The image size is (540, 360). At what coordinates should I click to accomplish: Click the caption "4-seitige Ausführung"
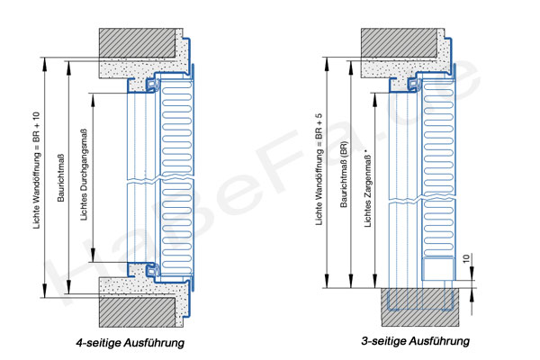[x=130, y=343]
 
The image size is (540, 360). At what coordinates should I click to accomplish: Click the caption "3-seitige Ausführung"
[x=415, y=341]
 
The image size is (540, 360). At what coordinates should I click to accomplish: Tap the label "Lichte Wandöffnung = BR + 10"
[x=37, y=170]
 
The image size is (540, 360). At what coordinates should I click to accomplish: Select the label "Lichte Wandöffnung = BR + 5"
[x=319, y=169]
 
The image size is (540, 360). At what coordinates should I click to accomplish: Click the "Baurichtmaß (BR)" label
[x=344, y=174]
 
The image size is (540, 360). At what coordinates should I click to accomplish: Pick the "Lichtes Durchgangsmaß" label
[x=84, y=175]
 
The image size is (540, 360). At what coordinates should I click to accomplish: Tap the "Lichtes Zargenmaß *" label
[x=368, y=188]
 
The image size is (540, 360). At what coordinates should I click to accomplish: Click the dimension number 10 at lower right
[x=466, y=258]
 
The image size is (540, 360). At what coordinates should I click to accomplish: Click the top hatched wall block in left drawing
[x=138, y=42]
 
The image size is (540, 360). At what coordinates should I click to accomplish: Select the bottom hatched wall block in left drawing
[x=138, y=312]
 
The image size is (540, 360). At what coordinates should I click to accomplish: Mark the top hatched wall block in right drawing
[x=399, y=42]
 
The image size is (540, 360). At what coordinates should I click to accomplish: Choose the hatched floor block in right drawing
[x=419, y=307]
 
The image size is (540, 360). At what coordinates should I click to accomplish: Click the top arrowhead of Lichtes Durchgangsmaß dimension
[x=93, y=98]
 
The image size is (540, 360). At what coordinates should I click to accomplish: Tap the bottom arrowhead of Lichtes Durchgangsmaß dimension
[x=93, y=257]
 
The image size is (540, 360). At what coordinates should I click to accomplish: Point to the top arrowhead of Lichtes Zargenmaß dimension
[x=375, y=97]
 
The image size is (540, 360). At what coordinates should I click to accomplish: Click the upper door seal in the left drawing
[x=152, y=85]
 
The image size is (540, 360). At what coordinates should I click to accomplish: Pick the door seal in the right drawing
[x=414, y=85]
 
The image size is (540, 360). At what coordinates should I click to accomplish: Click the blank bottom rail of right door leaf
[x=437, y=269]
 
